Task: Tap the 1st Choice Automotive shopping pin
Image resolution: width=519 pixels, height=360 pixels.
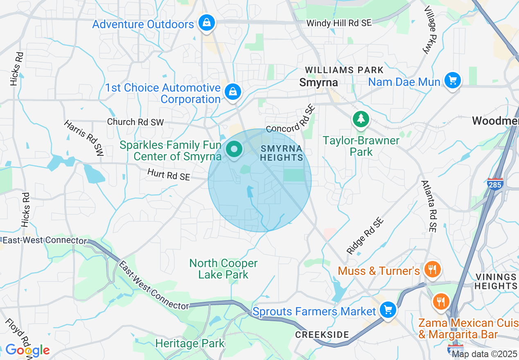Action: coord(232,92)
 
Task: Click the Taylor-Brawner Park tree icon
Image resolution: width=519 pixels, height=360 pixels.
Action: coord(361,119)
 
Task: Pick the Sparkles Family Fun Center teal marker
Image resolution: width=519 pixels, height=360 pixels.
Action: coord(234,149)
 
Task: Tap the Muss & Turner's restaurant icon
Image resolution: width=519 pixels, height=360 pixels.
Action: coord(431,269)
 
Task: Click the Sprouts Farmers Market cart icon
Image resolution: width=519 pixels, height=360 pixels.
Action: coord(387,310)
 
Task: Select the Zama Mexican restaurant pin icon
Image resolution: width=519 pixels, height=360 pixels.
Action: coord(441,302)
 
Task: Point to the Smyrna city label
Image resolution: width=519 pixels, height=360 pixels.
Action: coord(318,82)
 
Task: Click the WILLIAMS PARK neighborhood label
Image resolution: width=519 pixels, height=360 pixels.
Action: coord(344,70)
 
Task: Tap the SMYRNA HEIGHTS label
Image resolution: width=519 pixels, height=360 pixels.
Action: coord(282,153)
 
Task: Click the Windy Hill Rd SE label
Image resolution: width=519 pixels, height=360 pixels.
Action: coord(339,23)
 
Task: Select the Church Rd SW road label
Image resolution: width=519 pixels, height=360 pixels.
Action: coord(135,122)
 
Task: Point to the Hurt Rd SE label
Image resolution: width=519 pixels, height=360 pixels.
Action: coord(169,175)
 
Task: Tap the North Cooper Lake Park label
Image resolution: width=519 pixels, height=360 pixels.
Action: coord(223,269)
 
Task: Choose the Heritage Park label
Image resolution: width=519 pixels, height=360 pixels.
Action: coord(190,343)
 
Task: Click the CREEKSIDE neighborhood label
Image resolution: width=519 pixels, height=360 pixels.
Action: coord(322,335)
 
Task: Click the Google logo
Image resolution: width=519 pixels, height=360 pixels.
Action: coord(27,350)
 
